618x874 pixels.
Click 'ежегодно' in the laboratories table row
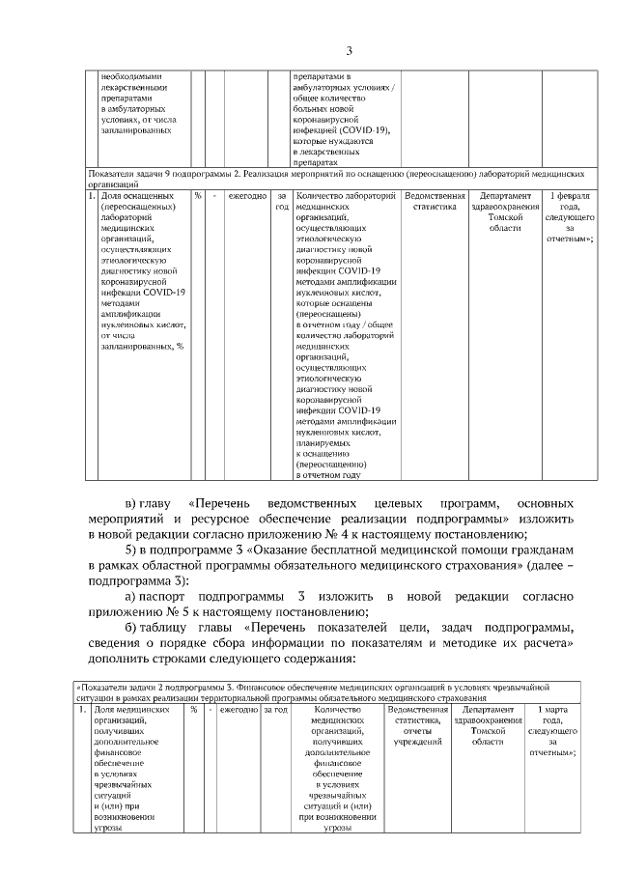[247, 196]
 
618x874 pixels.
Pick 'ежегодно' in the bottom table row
[239, 710]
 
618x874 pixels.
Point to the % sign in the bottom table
[193, 710]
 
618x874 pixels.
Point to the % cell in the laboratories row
[197, 196]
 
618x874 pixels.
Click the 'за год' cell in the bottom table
[275, 710]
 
